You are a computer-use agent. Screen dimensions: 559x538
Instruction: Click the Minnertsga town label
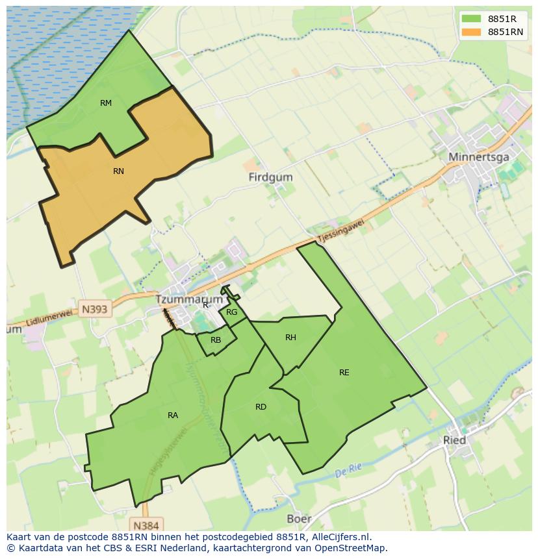[x=478, y=157]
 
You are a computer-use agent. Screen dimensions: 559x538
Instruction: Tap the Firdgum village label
[x=270, y=177]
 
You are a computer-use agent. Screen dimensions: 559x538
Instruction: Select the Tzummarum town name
[x=189, y=300]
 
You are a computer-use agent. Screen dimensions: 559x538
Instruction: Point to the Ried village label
[x=454, y=440]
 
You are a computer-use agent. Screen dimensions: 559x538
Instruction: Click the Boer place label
[x=299, y=519]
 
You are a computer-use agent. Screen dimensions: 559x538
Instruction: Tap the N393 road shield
[x=95, y=309]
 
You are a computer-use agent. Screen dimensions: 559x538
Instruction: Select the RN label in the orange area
[x=118, y=171]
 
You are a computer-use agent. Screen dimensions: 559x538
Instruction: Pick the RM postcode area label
[x=106, y=103]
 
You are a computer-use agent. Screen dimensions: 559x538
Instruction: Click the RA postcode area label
[x=173, y=416]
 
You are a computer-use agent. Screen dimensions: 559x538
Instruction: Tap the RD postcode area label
[x=261, y=407]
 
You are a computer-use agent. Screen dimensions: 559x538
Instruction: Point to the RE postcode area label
[x=344, y=373]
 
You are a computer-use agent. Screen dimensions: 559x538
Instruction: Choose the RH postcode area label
[x=290, y=338]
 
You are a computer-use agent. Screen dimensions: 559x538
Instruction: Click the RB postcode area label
[x=216, y=340]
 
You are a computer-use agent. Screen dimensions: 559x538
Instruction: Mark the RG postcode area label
[x=232, y=312]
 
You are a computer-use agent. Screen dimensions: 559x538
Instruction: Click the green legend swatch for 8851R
[x=471, y=19]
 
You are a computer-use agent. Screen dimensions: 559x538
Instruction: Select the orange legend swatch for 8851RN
[x=471, y=32]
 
